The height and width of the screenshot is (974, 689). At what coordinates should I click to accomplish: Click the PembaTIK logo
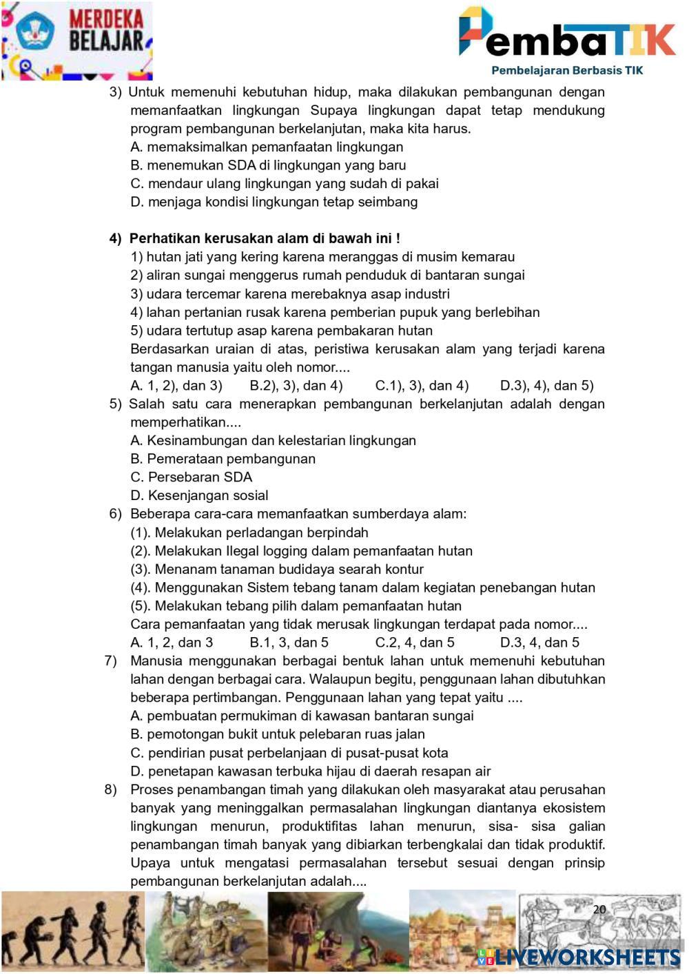coord(566,33)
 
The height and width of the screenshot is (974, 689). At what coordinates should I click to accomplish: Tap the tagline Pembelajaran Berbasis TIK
coord(566,70)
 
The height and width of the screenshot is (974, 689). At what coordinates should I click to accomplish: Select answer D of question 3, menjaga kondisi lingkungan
coord(274,202)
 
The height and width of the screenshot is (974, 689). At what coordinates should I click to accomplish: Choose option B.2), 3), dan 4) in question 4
coord(296,385)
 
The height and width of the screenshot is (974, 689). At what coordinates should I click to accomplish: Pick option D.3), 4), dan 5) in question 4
coord(546,385)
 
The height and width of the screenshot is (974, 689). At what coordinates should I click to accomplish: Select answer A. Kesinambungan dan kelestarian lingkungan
coord(273,440)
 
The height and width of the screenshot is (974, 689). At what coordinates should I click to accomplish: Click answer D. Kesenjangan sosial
coord(199,495)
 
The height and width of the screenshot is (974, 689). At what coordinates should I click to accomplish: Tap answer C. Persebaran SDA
coord(191,477)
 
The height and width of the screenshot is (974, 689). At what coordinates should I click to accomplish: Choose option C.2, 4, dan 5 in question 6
coord(415,643)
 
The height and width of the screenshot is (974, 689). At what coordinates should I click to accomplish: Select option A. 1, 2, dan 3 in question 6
coord(172,643)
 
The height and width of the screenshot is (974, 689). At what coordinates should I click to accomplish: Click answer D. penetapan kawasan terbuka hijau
coord(310,771)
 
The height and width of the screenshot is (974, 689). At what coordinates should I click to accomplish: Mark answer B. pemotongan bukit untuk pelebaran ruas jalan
coord(277,734)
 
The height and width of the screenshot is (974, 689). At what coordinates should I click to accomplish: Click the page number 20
coord(599,909)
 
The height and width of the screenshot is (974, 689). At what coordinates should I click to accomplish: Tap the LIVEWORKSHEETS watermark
coord(579,957)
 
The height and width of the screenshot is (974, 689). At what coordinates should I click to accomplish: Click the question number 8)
coord(111,789)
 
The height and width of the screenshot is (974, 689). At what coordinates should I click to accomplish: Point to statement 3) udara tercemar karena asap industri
coord(290,293)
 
